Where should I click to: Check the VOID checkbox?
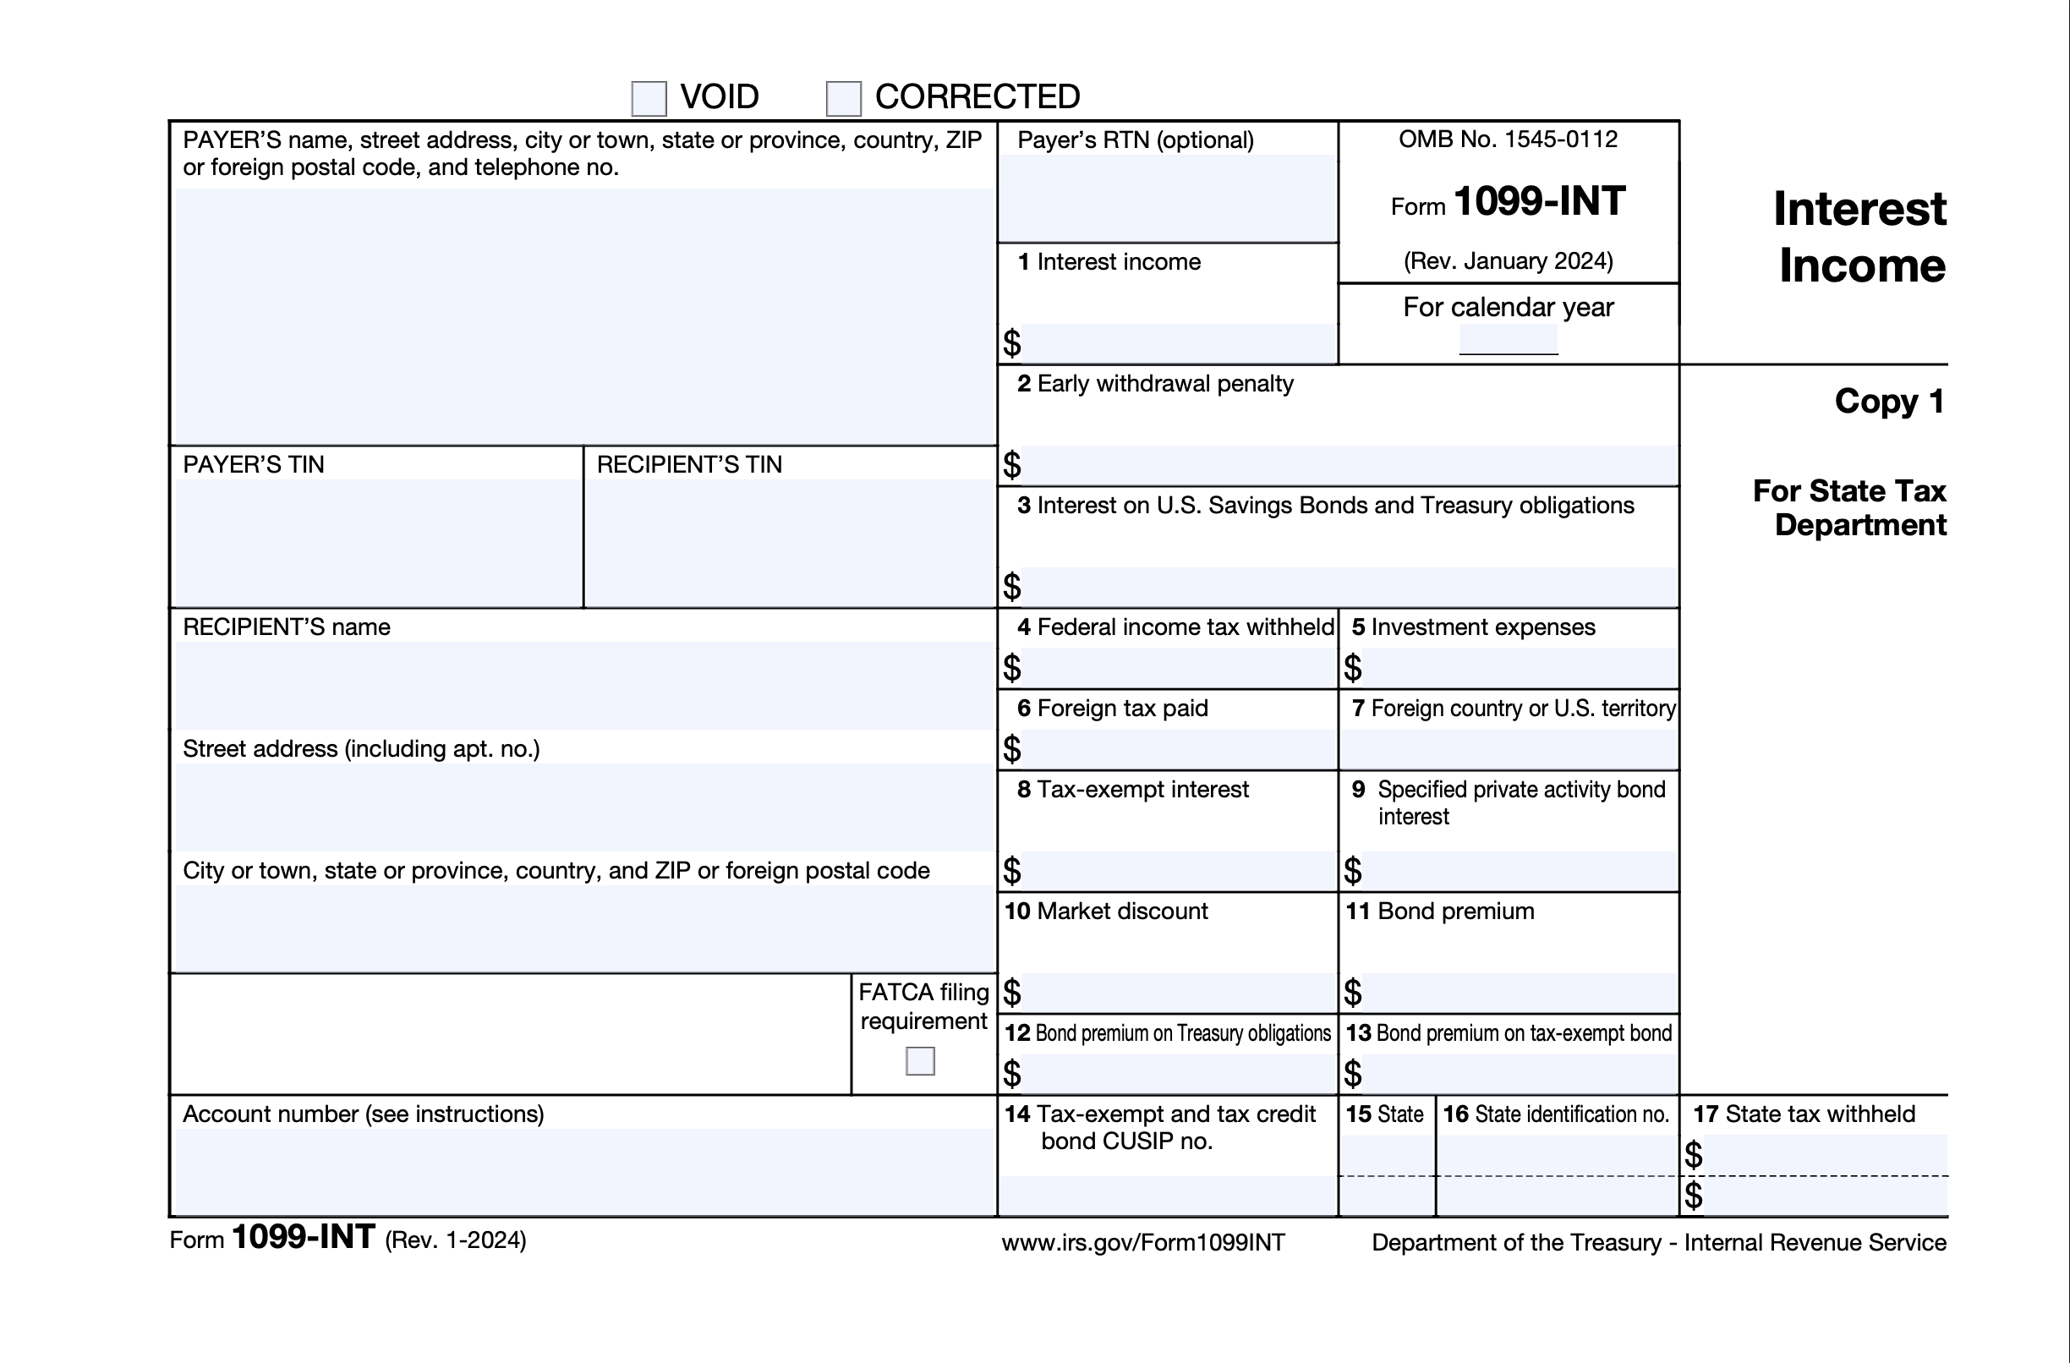pos(649,98)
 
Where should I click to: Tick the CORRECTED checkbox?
pos(843,98)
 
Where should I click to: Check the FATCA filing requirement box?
pos(919,1061)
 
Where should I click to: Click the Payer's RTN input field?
pos(1167,198)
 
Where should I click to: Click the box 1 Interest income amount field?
pos(1179,343)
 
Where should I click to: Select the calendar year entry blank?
pos(1509,340)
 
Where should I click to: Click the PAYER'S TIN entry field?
pos(377,542)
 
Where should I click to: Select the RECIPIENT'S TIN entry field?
pos(790,542)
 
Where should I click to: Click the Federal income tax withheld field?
pos(1179,668)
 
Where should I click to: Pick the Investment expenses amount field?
pos(1519,668)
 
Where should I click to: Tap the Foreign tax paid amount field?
pos(1179,749)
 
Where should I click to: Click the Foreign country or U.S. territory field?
pos(1509,749)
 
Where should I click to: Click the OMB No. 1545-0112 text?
pos(1508,140)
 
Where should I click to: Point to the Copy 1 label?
pos(1889,401)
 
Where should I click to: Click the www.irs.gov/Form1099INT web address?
pos(1143,1242)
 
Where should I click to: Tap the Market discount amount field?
pos(1179,993)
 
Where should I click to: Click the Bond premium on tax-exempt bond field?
pos(1519,1074)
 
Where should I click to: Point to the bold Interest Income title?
pos(1860,237)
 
